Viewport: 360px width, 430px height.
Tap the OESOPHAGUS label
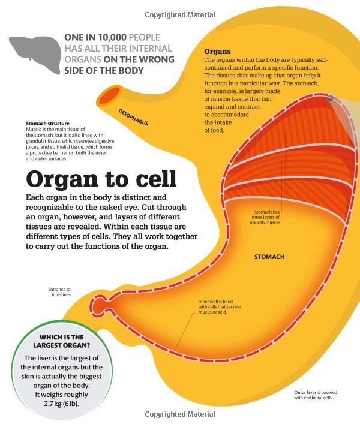pos(133,117)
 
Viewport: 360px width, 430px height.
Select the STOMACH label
pos(269,257)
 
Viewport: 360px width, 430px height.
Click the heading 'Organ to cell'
pos(101,179)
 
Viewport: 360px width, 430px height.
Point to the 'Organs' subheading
pos(217,52)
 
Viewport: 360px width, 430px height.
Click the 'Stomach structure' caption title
pos(48,124)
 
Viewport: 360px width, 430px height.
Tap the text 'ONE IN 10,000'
pos(95,37)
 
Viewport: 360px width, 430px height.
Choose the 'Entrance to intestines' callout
pos(59,292)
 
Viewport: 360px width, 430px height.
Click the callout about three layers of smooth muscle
pos(265,217)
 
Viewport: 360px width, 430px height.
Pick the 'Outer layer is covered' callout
pos(316,395)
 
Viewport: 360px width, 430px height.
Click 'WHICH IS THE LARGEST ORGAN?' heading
pos(61,341)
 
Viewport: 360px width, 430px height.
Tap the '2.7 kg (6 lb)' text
pos(61,404)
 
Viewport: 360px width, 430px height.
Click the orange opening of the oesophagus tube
pos(109,95)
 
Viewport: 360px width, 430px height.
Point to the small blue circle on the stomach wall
pos(331,98)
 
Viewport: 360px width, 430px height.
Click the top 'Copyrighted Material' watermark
pos(180,15)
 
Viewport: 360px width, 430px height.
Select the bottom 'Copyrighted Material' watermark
pos(180,414)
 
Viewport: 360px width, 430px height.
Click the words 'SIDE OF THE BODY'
pos(104,71)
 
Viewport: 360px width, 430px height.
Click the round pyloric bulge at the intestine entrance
pos(98,305)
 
